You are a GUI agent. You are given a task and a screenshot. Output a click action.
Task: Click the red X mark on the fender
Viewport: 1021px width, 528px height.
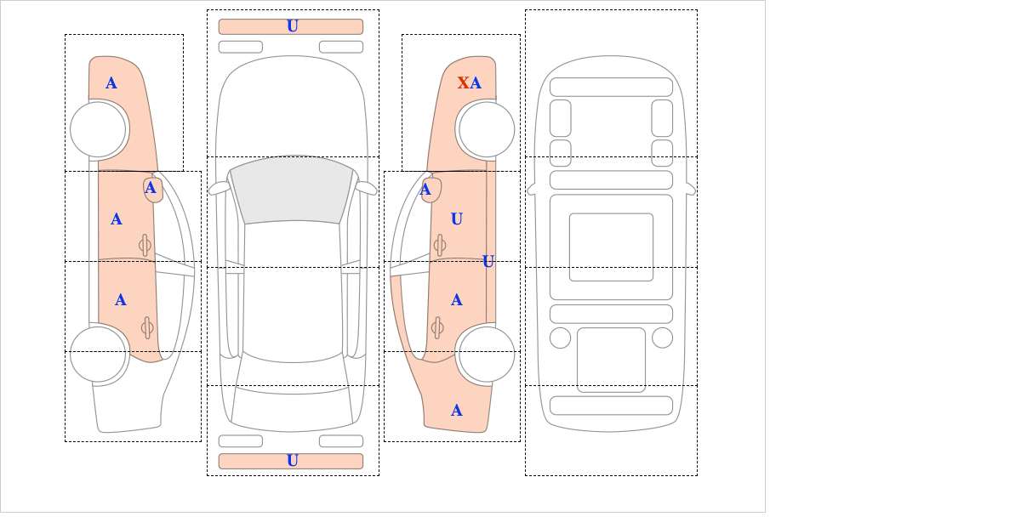point(463,82)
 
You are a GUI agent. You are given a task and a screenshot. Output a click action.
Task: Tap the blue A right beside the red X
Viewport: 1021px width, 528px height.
point(476,82)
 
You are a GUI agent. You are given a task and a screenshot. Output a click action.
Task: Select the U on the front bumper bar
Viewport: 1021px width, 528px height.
point(292,26)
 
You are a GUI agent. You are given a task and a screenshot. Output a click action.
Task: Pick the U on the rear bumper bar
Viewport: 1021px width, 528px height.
point(292,461)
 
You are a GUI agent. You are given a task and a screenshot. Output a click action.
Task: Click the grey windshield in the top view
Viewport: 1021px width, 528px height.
point(292,190)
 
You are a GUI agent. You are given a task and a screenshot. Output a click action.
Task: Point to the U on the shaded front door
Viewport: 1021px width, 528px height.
point(456,219)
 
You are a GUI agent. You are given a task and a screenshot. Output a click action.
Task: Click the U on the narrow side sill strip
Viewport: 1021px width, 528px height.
point(488,261)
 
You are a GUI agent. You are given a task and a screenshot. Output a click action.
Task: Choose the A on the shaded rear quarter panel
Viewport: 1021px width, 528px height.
point(456,411)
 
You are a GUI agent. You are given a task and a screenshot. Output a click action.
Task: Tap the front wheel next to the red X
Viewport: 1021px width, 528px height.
point(486,129)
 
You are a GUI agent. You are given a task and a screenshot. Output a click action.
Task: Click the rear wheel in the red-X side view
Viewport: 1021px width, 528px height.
point(486,353)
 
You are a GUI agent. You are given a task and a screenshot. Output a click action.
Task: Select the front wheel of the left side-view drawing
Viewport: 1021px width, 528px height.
point(99,129)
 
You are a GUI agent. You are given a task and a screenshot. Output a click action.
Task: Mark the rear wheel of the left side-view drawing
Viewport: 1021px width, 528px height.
point(99,353)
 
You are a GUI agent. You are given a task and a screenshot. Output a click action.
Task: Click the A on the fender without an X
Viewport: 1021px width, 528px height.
point(111,82)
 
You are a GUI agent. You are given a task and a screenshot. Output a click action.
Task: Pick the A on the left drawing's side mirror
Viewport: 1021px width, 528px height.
point(151,188)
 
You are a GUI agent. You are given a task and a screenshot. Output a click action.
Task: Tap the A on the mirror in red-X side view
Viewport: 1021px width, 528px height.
point(425,190)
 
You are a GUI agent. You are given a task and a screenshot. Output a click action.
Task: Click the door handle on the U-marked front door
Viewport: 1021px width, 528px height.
point(439,246)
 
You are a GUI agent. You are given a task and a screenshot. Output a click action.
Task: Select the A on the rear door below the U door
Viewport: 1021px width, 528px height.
point(456,300)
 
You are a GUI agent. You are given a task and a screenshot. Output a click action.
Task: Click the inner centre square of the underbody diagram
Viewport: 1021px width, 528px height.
point(611,247)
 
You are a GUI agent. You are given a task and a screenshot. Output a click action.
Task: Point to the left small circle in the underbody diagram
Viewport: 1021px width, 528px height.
point(560,338)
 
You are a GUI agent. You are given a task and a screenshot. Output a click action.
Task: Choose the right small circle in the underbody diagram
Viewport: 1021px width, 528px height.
point(662,338)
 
